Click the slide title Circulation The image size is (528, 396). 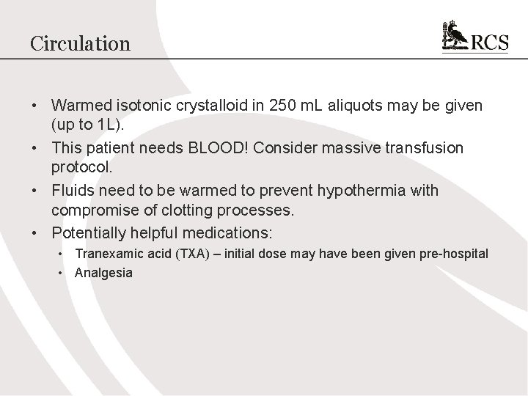80,43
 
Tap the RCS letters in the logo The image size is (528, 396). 489,43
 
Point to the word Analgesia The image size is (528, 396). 103,273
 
